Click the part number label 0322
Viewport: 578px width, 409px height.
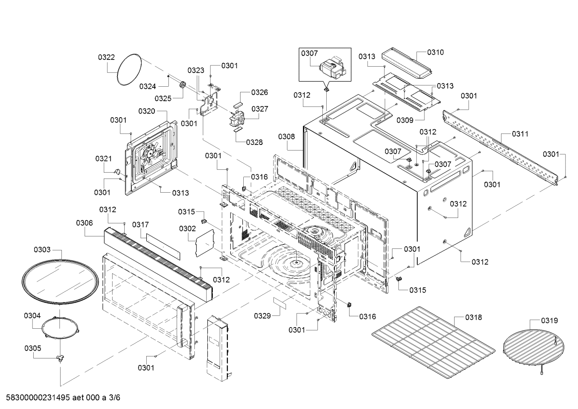tap(106, 57)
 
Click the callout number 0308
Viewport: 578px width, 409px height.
tap(287, 136)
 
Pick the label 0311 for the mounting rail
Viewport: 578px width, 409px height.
tap(520, 134)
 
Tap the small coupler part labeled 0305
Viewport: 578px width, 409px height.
tap(60, 358)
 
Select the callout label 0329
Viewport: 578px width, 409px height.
tap(263, 316)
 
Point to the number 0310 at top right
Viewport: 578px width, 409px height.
tap(436, 52)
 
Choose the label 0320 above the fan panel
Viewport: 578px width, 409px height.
tap(147, 111)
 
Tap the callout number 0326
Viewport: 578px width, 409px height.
tap(260, 92)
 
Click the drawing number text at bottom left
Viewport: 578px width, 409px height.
tap(63, 398)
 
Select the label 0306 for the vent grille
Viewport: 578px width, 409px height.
tap(85, 223)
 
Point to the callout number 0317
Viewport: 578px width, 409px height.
tap(141, 225)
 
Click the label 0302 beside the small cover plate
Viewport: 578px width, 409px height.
tap(188, 228)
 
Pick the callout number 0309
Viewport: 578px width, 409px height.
tap(405, 120)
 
